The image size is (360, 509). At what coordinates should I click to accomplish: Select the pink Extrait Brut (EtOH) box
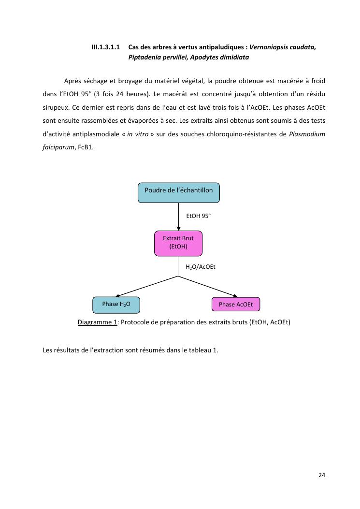pos(178,243)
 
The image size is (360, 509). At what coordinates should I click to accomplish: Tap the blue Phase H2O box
pos(116,305)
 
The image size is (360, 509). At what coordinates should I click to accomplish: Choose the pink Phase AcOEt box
pos(236,305)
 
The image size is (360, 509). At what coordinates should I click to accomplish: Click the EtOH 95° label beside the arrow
pos(199,216)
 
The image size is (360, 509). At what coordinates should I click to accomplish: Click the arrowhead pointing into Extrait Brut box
pos(178,229)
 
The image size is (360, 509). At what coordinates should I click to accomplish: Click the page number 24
pos(322,475)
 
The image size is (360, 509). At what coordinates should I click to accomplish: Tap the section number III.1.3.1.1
pos(106,47)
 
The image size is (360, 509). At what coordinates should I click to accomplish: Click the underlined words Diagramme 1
pos(97,322)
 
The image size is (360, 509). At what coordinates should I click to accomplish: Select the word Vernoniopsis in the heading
pos(269,47)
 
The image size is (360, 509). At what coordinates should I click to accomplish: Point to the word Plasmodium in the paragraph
pos(307,134)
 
